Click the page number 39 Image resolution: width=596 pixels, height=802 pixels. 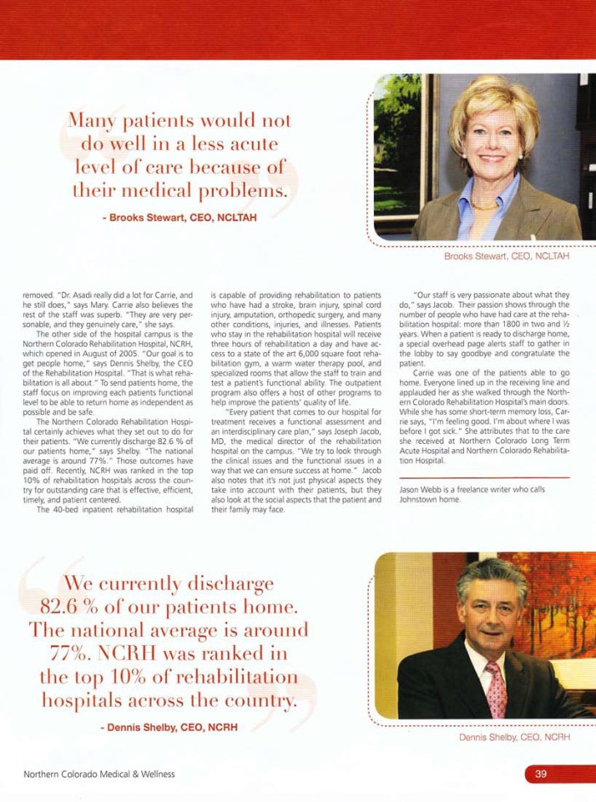pyautogui.click(x=541, y=774)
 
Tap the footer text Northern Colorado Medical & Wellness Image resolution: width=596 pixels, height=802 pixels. pyautogui.click(x=99, y=774)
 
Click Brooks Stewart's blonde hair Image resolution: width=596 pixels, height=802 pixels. pyautogui.click(x=493, y=98)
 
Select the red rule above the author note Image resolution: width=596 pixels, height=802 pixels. pyautogui.click(x=484, y=478)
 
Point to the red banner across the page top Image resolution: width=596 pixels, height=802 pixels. pyautogui.click(x=298, y=29)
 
